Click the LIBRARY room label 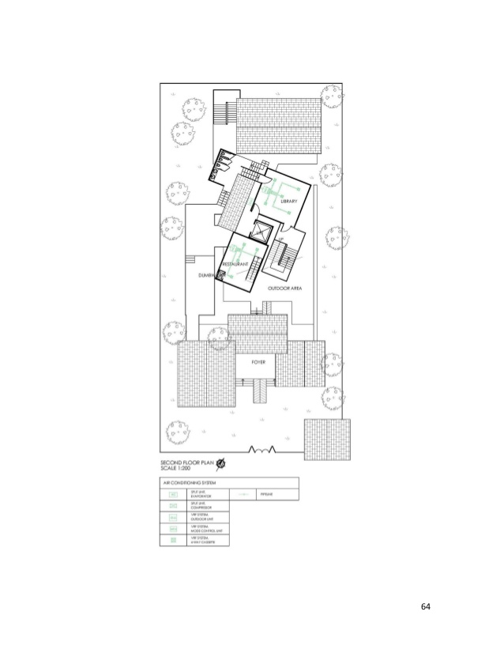coord(291,203)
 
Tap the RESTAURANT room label coord(236,262)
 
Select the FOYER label coord(258,361)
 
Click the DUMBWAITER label coord(210,274)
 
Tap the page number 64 coord(425,606)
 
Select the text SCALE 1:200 coord(179,469)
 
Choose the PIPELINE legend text coord(266,494)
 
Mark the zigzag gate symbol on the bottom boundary coord(261,450)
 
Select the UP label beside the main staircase coord(280,239)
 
